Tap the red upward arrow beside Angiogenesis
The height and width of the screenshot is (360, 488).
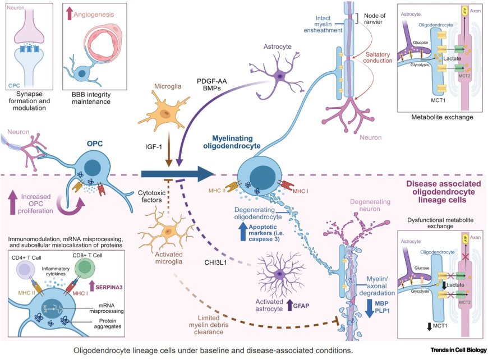[x=69, y=12]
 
